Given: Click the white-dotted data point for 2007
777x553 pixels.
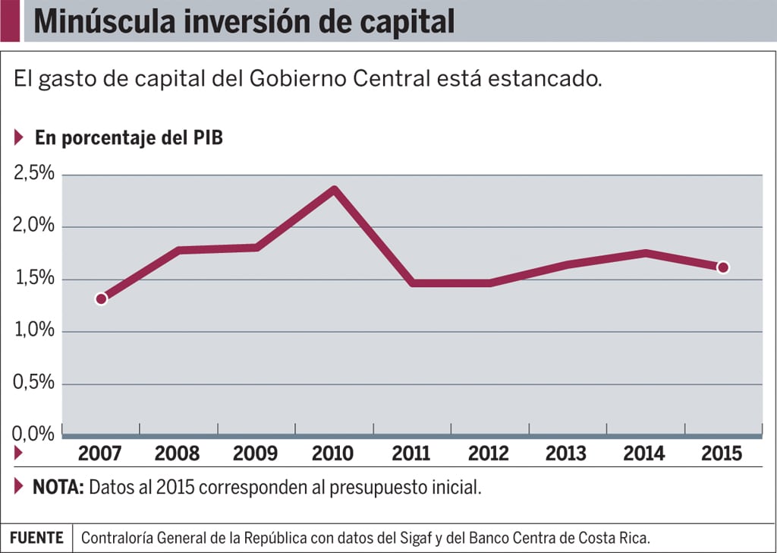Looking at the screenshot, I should [101, 299].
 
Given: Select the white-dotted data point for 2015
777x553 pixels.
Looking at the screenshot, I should [722, 267].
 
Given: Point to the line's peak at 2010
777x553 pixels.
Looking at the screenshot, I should [334, 189].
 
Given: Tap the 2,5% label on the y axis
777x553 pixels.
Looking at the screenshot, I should [35, 174].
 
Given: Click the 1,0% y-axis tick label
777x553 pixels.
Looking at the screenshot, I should [35, 331].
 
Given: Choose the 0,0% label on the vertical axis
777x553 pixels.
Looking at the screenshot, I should [35, 434].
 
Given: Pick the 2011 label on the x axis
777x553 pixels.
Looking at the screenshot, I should [411, 453].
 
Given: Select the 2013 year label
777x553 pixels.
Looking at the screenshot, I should [566, 453].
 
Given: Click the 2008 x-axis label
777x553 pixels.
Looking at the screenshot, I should [177, 453].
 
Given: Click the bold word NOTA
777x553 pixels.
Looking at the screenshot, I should [58, 487].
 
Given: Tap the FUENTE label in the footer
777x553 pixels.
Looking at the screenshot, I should [36, 537].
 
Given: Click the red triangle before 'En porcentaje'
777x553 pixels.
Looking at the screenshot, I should [19, 137].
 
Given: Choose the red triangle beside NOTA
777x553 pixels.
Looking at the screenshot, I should [19, 486].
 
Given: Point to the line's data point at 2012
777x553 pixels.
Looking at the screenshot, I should [489, 283].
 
